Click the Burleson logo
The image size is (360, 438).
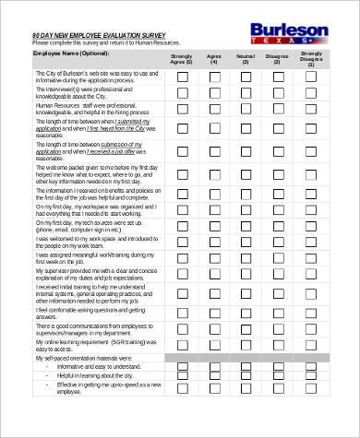coord(289,34)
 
